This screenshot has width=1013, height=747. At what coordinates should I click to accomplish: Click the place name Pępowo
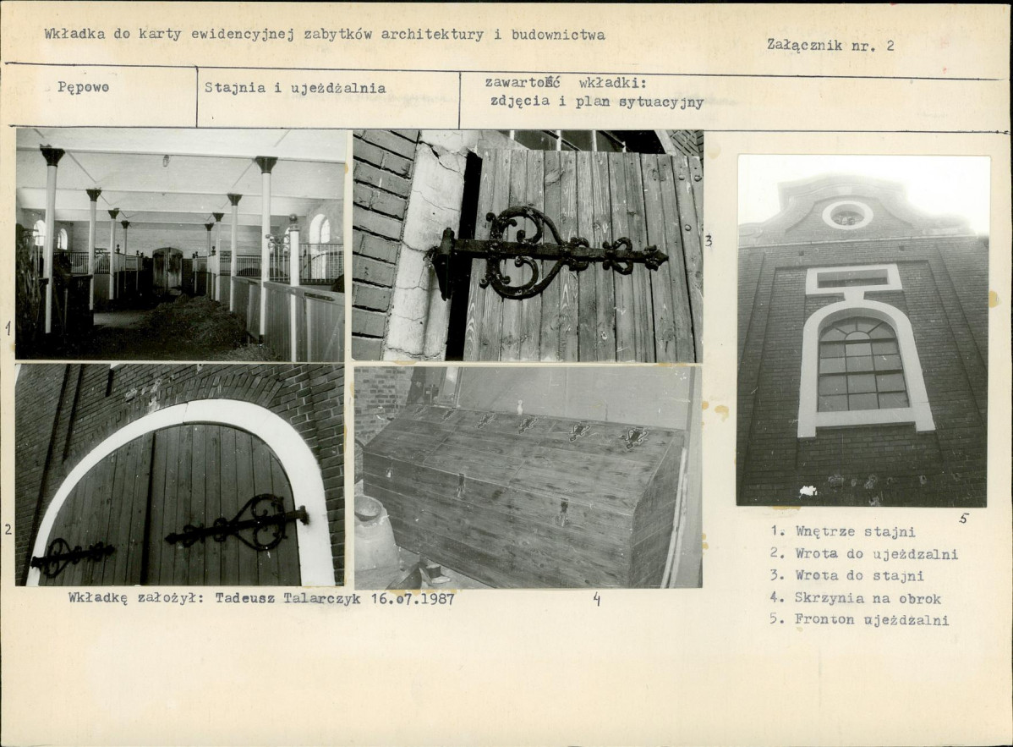pyautogui.click(x=84, y=87)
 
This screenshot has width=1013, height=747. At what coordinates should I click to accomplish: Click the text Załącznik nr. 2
pyautogui.click(x=831, y=45)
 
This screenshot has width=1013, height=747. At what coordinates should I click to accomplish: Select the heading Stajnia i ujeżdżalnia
pyautogui.click(x=295, y=88)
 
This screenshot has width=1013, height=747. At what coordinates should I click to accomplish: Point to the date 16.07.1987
pyautogui.click(x=413, y=598)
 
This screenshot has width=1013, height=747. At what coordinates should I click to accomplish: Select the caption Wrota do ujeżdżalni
pyautogui.click(x=877, y=554)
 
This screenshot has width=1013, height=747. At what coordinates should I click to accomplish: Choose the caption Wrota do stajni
pyautogui.click(x=860, y=576)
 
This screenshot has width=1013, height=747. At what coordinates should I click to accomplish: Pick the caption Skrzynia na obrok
pyautogui.click(x=868, y=598)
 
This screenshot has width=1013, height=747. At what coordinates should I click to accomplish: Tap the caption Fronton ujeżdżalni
pyautogui.click(x=872, y=620)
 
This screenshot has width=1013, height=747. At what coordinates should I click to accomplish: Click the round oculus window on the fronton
pyautogui.click(x=847, y=215)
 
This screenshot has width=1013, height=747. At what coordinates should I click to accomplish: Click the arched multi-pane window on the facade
pyautogui.click(x=862, y=364)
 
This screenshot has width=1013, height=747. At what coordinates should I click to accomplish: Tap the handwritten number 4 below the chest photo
pyautogui.click(x=596, y=600)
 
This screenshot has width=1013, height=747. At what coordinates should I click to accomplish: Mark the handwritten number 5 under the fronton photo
pyautogui.click(x=964, y=518)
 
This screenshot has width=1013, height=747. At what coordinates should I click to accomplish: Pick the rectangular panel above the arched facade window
pyautogui.click(x=853, y=278)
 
